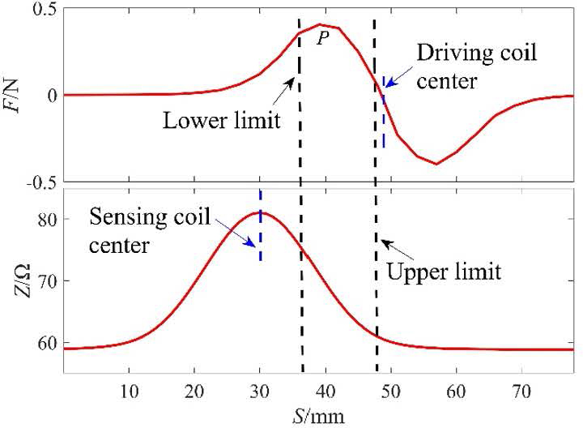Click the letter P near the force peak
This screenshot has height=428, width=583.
(x=322, y=37)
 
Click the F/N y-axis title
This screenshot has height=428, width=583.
(x=14, y=94)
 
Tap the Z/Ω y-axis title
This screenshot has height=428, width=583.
(x=14, y=283)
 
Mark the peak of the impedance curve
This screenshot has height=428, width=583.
(x=262, y=212)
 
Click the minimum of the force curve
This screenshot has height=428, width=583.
(x=436, y=164)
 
